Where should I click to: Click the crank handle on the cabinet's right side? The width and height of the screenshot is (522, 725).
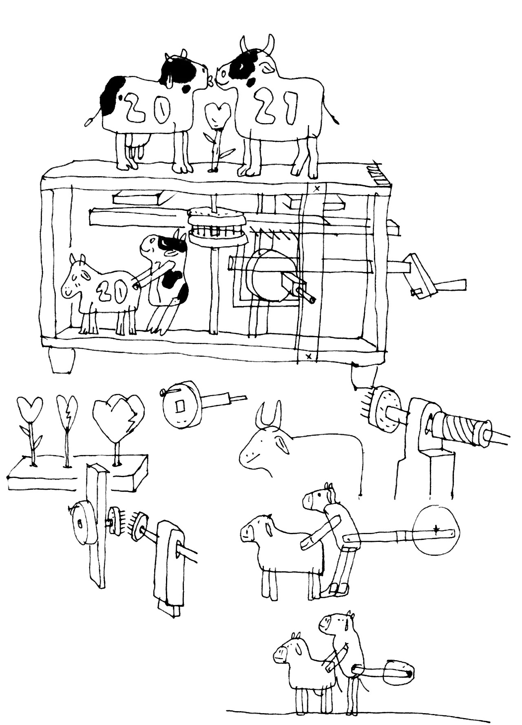(x=436, y=279)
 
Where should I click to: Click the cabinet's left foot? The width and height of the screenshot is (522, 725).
(x=62, y=360)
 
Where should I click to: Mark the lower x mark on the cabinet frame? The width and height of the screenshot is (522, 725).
(x=309, y=356)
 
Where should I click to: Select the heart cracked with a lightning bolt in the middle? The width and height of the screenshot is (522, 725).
(x=66, y=412)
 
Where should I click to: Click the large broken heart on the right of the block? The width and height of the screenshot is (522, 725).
(x=118, y=420)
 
